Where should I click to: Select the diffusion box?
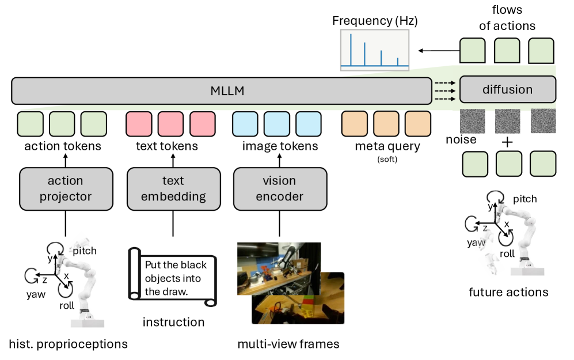[x=507, y=89]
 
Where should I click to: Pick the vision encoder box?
[x=279, y=188]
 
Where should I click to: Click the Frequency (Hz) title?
[x=375, y=21]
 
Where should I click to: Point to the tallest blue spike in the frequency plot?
[x=351, y=48]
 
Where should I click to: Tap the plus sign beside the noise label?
[x=507, y=141]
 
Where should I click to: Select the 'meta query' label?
[x=388, y=146]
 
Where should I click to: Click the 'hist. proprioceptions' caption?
[x=68, y=344]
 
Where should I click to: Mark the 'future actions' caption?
[x=508, y=292]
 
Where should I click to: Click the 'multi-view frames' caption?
[x=288, y=344]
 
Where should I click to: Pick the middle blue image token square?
[x=276, y=124]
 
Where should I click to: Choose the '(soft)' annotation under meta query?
[x=387, y=158]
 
